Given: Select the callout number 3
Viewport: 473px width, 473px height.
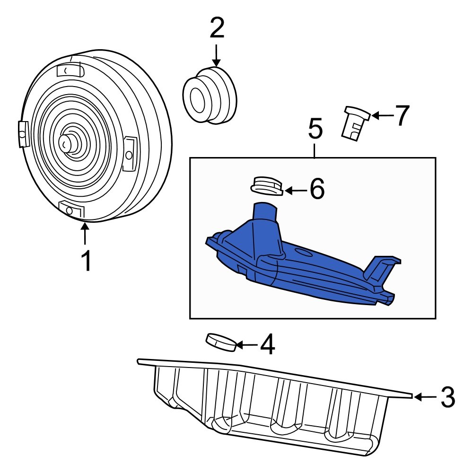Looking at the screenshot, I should tap(447, 397).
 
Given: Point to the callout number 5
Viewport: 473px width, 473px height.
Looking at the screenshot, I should tap(315, 129).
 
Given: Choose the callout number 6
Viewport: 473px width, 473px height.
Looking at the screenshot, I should tap(317, 190).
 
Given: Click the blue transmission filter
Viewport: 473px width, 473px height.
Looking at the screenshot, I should tap(303, 265).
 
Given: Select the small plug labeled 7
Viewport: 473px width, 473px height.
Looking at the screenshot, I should tap(355, 123).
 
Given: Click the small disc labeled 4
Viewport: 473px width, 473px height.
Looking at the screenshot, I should tap(221, 342).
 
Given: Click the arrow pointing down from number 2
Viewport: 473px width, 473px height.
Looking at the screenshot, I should tap(216, 56).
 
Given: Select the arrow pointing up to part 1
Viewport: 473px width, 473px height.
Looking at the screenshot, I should tap(85, 234).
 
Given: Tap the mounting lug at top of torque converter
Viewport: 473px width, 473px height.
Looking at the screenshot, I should tap(70, 70).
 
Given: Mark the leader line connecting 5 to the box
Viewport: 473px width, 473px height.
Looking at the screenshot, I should tap(315, 150).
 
